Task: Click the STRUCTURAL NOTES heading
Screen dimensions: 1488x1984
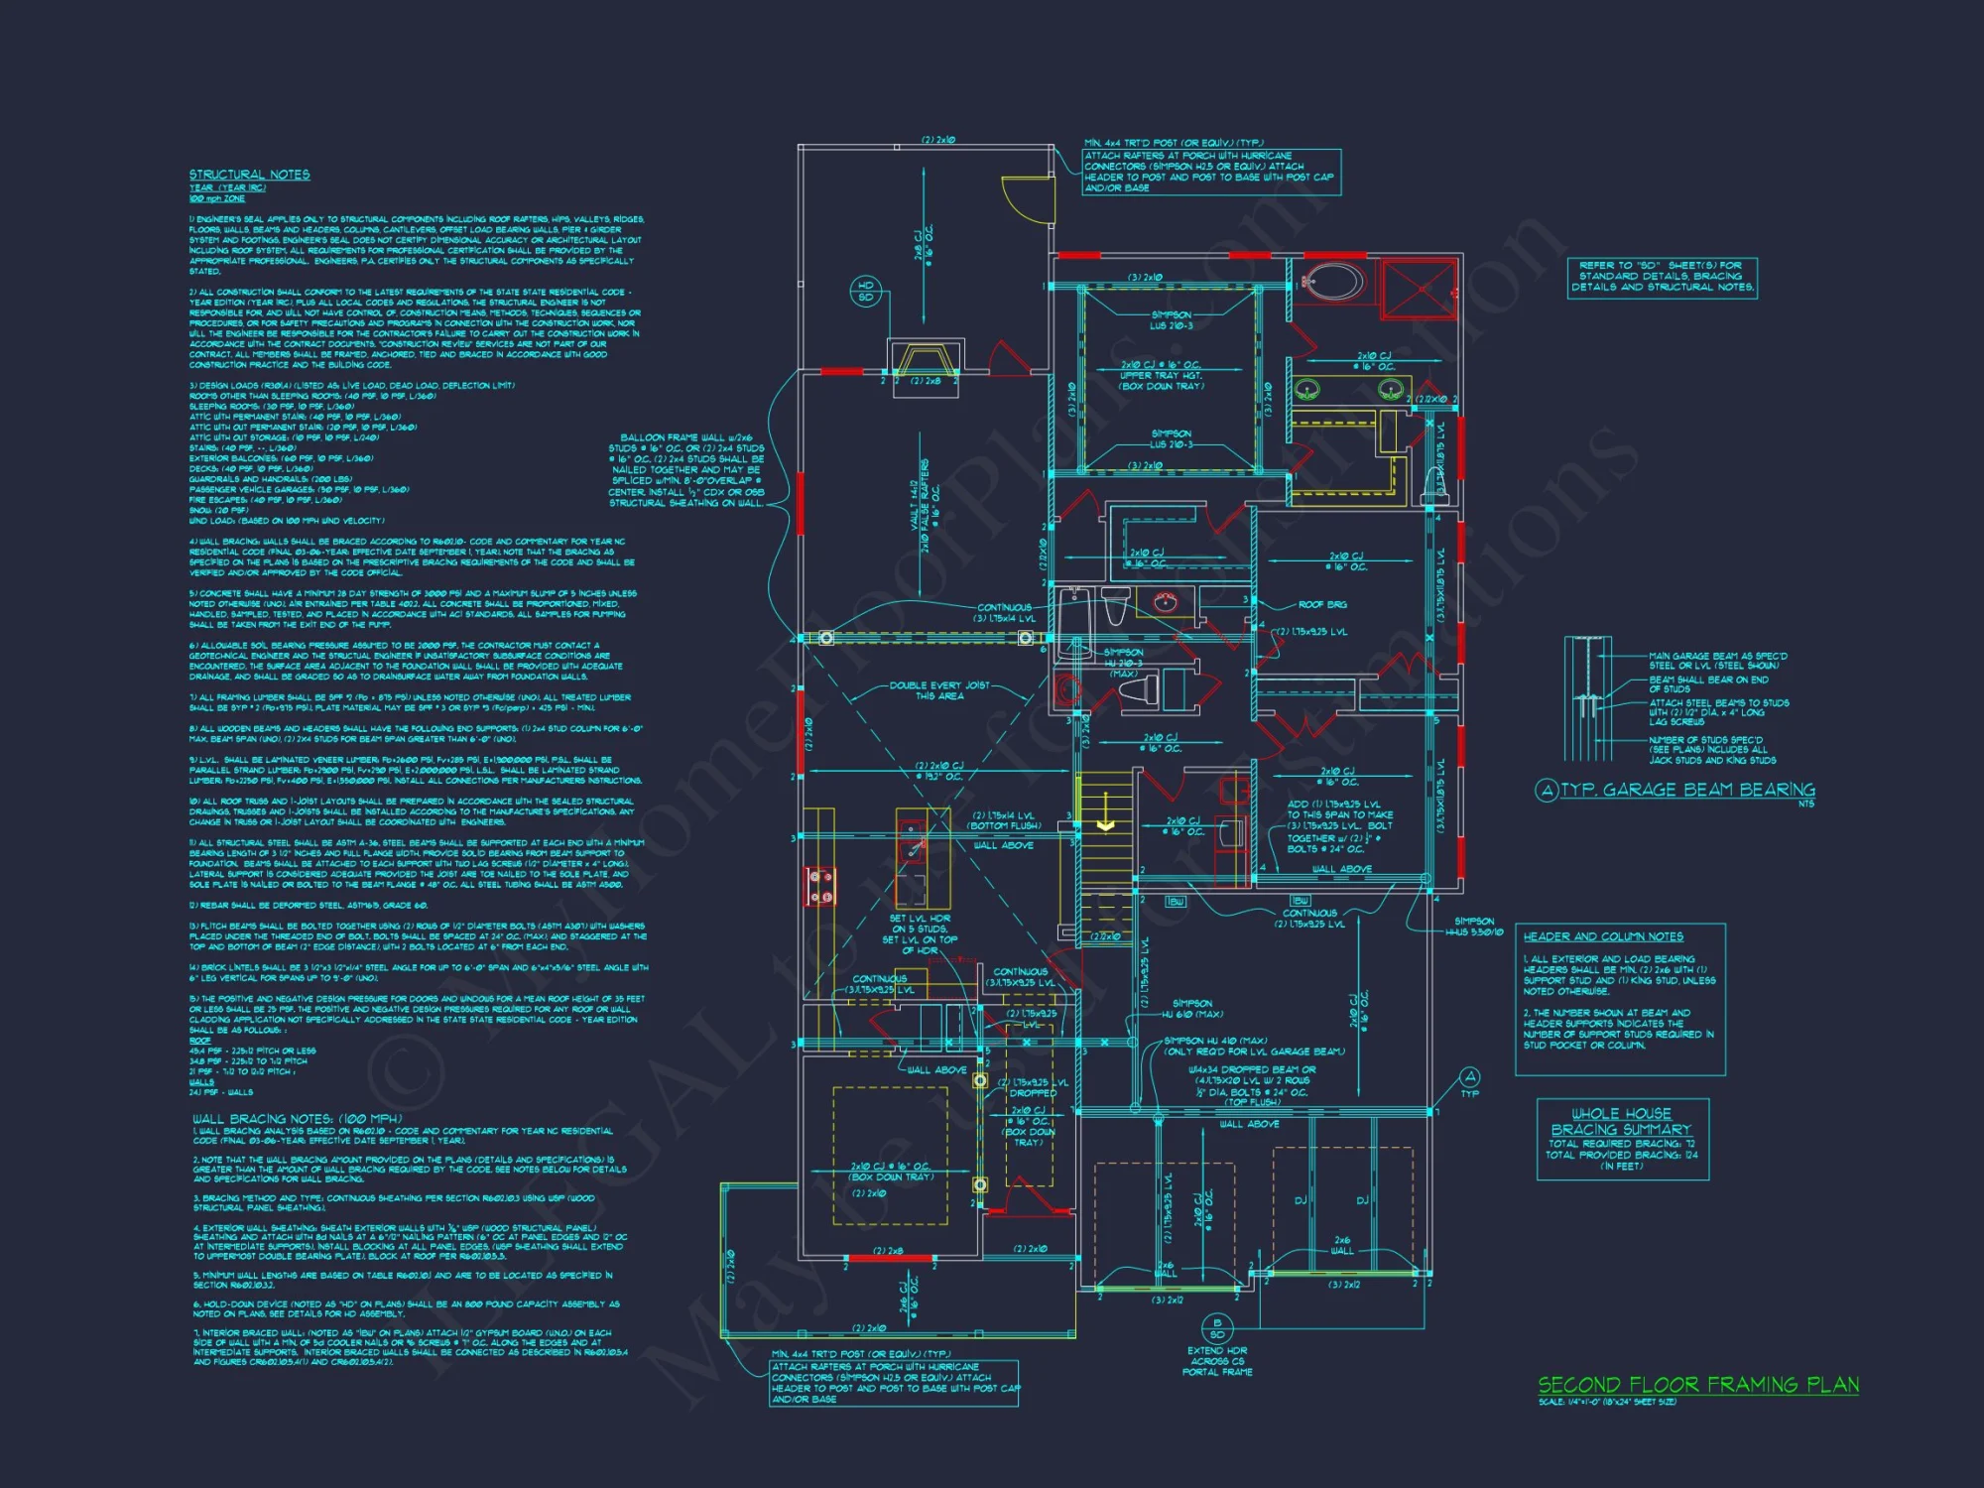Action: [x=249, y=175]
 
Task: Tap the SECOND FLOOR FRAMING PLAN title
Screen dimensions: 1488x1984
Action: [x=1698, y=1384]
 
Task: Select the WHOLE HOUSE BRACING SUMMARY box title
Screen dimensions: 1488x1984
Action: [x=1621, y=1122]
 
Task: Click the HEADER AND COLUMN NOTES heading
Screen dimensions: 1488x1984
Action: [x=1603, y=936]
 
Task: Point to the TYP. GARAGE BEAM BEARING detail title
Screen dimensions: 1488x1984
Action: [x=1686, y=790]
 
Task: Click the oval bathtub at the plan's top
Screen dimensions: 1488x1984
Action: [x=1333, y=282]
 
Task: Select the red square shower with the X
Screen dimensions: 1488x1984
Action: [x=1420, y=289]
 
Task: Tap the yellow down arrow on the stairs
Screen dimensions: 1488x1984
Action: [x=1106, y=825]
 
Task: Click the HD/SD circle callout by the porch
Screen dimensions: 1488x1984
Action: [x=865, y=291]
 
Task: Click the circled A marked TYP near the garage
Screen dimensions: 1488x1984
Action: [x=1470, y=1077]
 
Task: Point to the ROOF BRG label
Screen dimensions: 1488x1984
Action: [x=1321, y=604]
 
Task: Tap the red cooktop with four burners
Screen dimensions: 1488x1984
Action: [x=820, y=886]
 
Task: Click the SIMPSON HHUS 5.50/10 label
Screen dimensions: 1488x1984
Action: [x=1474, y=927]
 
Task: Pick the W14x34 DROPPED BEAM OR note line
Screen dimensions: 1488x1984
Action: [x=1252, y=1069]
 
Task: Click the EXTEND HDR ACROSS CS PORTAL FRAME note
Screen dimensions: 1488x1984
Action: [x=1217, y=1361]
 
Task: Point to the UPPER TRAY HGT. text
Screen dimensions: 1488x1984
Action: [x=1161, y=376]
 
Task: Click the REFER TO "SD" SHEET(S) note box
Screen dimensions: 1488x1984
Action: [x=1662, y=277]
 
